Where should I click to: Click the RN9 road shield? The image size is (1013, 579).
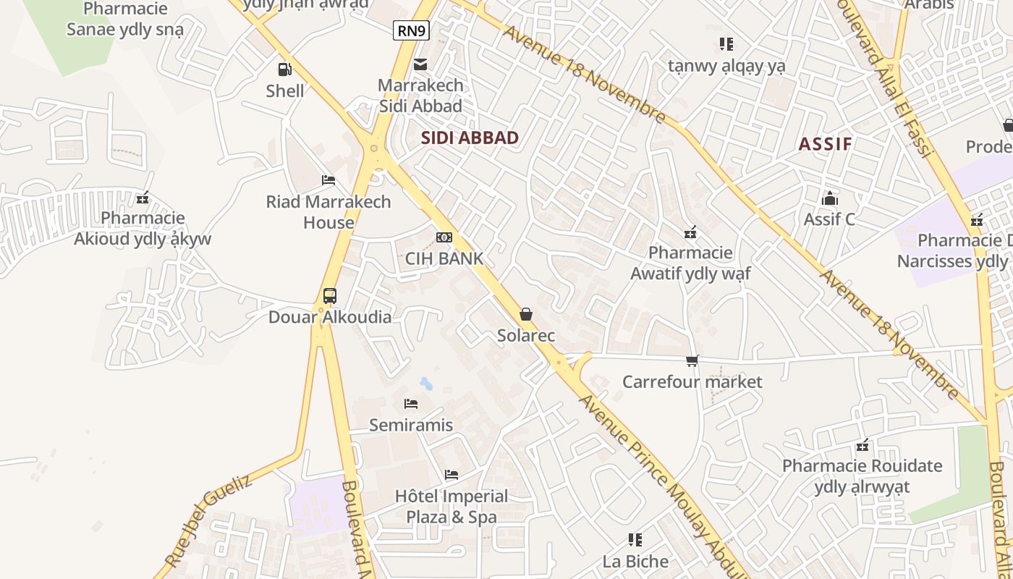(411, 30)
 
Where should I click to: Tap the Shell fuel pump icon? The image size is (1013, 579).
(285, 69)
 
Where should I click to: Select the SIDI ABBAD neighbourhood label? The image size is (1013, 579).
(470, 138)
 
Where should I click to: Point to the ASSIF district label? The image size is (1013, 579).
(825, 144)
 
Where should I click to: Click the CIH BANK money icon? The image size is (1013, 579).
(444, 237)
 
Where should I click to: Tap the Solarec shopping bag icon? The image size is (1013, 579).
(526, 314)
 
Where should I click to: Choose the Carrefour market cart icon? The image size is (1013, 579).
(692, 360)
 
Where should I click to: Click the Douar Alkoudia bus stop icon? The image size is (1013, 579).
(330, 295)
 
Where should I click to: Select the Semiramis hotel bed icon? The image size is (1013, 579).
(411, 404)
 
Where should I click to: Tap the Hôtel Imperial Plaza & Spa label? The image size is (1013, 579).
(452, 507)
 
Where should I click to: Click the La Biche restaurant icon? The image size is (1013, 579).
(635, 540)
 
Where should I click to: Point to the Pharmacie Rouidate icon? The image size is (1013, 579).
(862, 445)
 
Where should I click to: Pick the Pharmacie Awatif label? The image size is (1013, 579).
(690, 263)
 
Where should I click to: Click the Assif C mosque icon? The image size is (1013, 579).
(829, 198)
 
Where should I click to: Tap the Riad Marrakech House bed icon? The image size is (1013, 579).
(329, 180)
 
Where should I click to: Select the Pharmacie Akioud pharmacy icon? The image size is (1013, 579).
(143, 197)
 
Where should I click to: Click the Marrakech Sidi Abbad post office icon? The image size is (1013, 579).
(420, 64)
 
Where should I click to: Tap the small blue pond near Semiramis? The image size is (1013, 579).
(426, 383)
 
